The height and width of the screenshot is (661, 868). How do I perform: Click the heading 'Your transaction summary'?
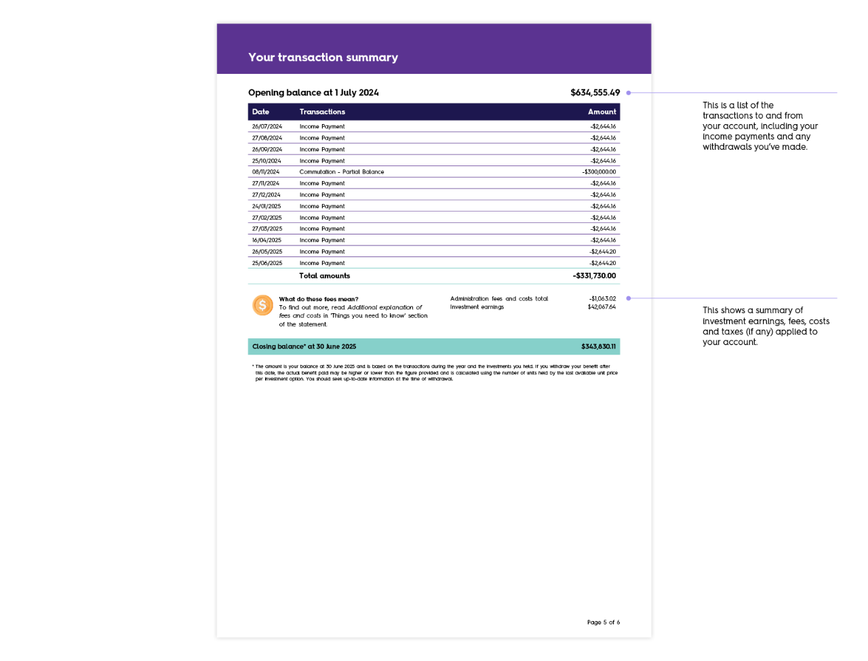coord(323,58)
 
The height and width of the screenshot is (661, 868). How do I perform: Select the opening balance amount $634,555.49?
coord(595,93)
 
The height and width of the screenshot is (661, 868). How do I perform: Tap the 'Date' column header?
coord(260,112)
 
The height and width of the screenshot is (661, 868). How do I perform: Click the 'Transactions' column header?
coord(322,112)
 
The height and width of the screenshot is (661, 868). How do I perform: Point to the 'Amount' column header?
coord(601,112)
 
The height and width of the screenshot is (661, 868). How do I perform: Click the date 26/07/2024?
coord(267,127)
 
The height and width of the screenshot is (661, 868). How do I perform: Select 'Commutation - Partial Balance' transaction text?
coord(342,172)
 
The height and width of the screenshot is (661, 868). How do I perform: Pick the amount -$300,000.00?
coord(599,172)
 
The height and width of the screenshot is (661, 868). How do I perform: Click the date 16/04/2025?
coord(267,241)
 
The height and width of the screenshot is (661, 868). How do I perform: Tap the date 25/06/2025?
coord(267,263)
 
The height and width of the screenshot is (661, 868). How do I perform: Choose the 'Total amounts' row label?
coord(325,276)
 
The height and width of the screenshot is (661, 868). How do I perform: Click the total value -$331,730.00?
coord(594,276)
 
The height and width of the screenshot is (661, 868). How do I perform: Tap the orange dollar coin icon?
coord(262,306)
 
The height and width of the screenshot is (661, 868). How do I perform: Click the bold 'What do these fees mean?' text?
coord(319,299)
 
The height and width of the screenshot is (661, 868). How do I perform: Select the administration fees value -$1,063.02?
coord(602,299)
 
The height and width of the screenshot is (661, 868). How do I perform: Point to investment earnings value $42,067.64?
coord(601,307)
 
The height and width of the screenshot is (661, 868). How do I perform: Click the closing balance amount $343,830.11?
coord(598,346)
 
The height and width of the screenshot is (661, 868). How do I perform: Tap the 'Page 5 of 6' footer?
coord(603,622)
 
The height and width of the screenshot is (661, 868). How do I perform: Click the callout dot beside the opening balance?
coord(629,93)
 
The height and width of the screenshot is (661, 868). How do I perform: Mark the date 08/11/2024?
coord(266,172)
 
